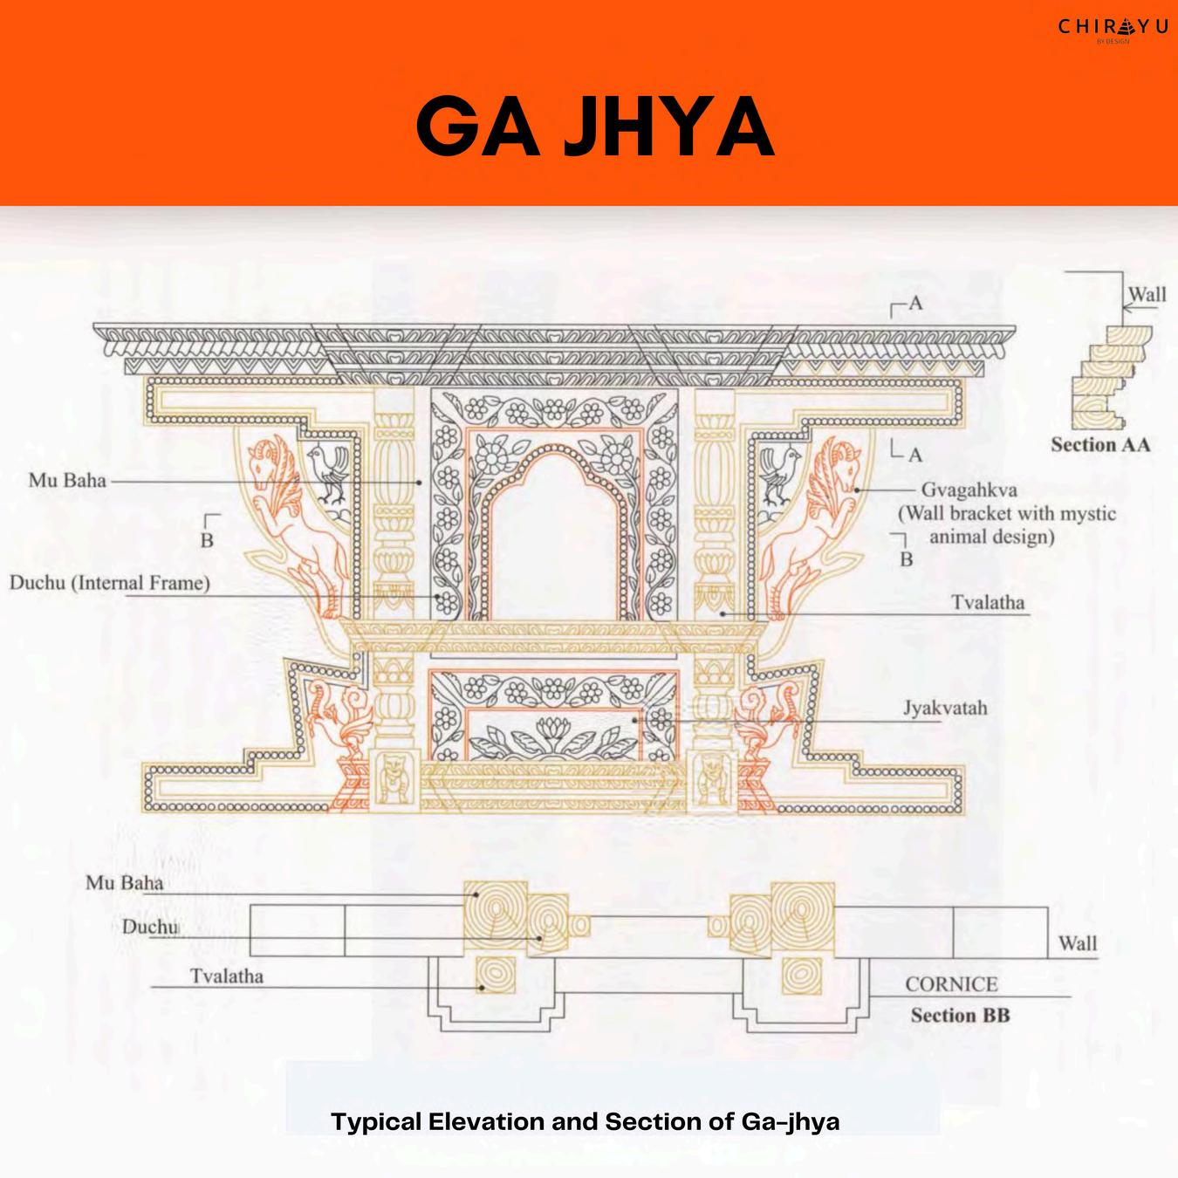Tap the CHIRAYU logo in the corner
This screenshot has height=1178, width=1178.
tap(1112, 28)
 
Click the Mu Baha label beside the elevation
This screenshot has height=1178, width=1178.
tap(67, 480)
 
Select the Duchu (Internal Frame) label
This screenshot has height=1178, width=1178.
tap(110, 582)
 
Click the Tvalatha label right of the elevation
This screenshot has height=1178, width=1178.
tap(988, 602)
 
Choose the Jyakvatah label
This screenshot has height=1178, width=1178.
tap(945, 708)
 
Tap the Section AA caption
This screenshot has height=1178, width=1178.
tap(1100, 444)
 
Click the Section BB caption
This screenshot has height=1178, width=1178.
tap(960, 1015)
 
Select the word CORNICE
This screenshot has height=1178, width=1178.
tap(951, 984)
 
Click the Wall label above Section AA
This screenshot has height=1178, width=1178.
tap(1147, 294)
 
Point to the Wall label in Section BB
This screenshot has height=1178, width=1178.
tap(1078, 943)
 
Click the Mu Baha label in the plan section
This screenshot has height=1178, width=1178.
tap(124, 883)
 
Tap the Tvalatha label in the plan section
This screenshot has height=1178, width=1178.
tap(227, 976)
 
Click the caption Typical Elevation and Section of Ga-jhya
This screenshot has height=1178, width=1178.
tap(586, 1121)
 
